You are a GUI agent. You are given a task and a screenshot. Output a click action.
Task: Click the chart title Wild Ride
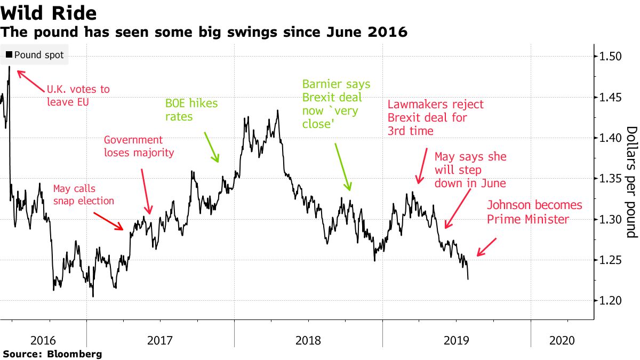coord(49,13)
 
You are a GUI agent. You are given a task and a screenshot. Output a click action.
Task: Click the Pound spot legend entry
coord(35,55)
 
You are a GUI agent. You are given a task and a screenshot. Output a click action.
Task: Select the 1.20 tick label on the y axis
coord(609,301)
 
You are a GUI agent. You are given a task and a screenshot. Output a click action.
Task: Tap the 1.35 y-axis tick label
coord(609,179)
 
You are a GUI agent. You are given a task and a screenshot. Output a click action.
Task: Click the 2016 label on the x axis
coord(43,340)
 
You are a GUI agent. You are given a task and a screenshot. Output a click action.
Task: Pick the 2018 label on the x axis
coord(308,340)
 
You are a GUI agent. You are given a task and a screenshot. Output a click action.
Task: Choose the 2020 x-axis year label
coord(562,340)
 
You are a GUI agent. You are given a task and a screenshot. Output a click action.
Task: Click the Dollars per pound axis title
coord(631,182)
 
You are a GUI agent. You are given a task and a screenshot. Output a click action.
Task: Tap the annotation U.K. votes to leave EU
coord(78,95)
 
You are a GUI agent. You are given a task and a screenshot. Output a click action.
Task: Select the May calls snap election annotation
coord(84,194)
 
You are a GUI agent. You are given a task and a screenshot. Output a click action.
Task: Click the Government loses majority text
coord(139,146)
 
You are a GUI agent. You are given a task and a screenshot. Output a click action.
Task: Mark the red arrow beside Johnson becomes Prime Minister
coord(486,247)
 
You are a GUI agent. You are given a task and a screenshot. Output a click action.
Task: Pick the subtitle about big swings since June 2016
coord(205,33)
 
